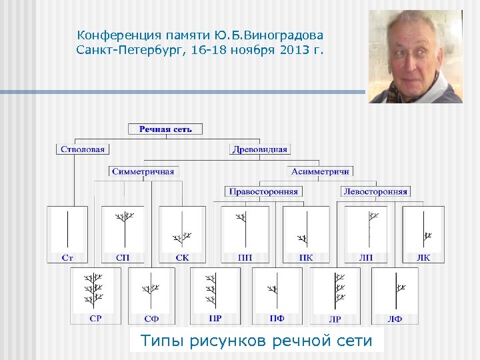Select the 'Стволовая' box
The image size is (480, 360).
click(x=83, y=149)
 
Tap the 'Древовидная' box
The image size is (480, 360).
click(x=260, y=149)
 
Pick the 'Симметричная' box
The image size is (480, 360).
click(x=143, y=171)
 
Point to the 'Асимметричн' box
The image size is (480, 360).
click(x=321, y=171)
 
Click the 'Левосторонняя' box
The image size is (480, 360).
click(x=375, y=191)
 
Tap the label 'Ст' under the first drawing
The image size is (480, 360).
click(x=67, y=257)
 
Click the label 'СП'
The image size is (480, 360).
click(x=123, y=257)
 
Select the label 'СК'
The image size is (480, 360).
click(x=182, y=257)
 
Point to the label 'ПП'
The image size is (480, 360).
click(x=245, y=257)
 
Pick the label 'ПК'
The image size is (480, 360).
click(x=306, y=257)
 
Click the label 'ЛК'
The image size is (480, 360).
click(x=423, y=257)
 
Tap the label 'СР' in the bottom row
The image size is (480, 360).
click(x=95, y=319)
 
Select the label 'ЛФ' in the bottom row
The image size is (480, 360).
click(x=395, y=319)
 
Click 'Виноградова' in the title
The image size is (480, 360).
click(x=285, y=35)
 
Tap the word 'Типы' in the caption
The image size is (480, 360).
click(x=163, y=341)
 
